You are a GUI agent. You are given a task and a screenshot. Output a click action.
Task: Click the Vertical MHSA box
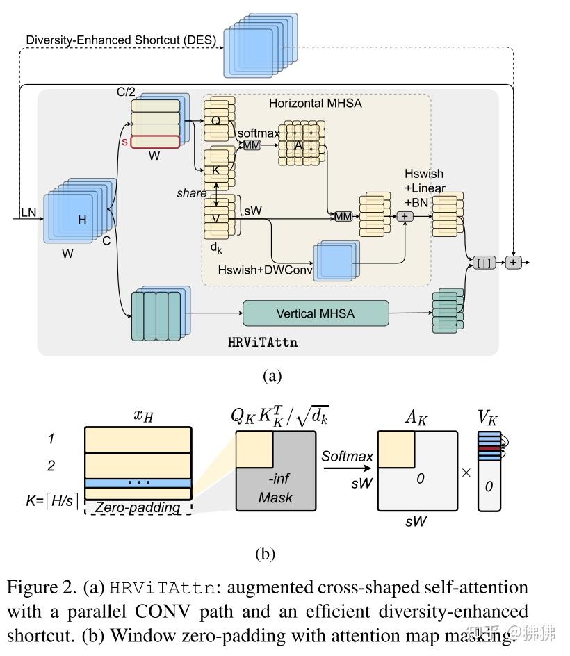315,313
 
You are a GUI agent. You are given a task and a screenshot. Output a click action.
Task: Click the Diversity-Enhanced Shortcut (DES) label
121,40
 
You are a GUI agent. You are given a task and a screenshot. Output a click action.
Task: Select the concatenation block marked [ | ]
484,263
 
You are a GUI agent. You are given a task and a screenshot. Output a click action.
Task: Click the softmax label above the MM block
258,133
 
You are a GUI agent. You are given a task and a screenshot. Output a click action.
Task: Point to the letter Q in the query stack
215,121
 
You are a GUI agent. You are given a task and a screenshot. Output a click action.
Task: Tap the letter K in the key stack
215,170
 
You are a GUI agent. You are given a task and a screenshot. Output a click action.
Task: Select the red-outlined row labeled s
155,141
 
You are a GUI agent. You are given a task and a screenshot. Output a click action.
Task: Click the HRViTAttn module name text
263,343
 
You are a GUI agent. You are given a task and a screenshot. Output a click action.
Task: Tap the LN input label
28,211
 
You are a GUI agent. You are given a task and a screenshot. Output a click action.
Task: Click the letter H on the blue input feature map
82,220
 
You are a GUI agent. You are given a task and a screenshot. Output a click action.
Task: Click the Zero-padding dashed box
138,507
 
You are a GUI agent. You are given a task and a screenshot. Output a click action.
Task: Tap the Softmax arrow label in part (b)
347,457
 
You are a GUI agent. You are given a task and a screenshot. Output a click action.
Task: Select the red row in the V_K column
489,449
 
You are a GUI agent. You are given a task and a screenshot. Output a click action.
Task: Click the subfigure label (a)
272,376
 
